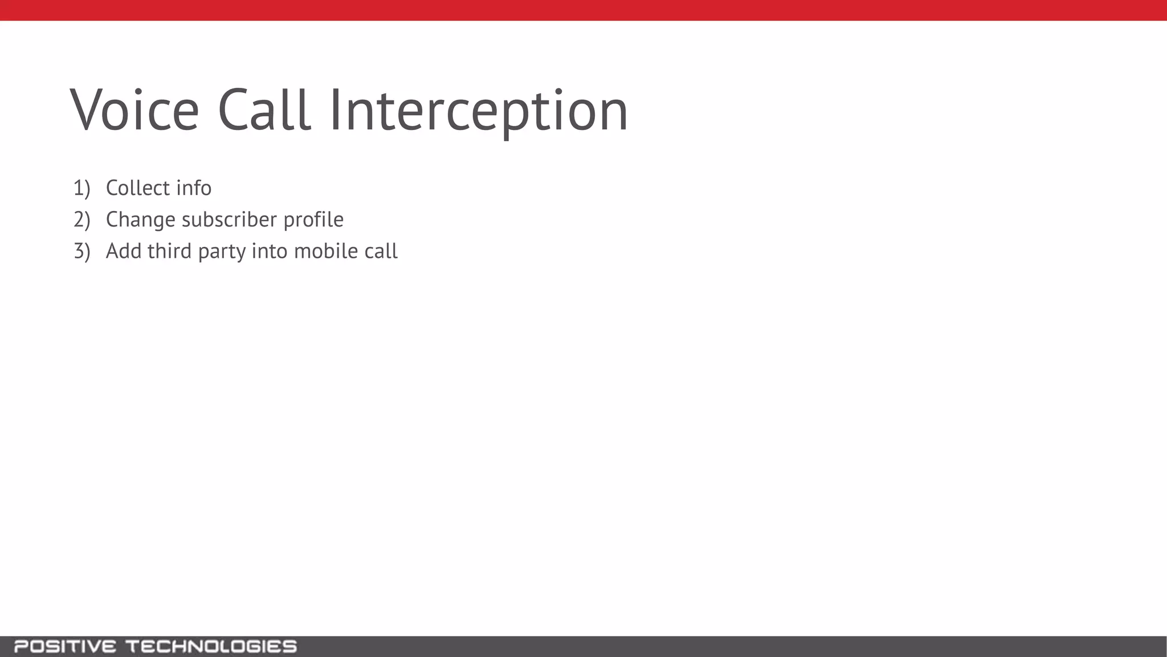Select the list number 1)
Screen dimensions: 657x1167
point(81,188)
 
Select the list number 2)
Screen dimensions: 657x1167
point(81,220)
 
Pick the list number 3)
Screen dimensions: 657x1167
point(81,252)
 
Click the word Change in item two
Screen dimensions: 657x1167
point(140,220)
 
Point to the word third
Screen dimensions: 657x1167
point(169,251)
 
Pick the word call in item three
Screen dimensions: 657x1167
point(381,251)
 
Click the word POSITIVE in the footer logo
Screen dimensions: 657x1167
point(65,647)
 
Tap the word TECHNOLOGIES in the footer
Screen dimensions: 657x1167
point(211,647)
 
